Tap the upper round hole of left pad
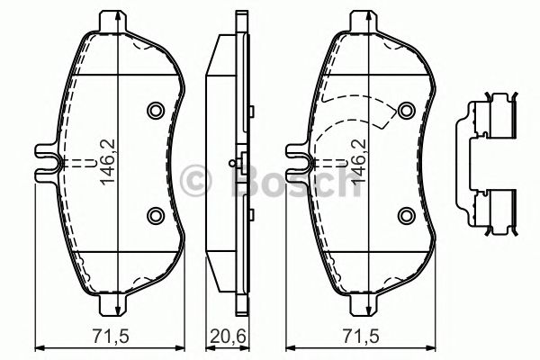[154, 111]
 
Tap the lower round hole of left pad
[154, 214]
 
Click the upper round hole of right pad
[406, 111]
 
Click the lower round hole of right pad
[406, 214]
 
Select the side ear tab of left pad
[45, 162]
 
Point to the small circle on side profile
[233, 163]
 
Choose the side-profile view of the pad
[226, 162]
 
